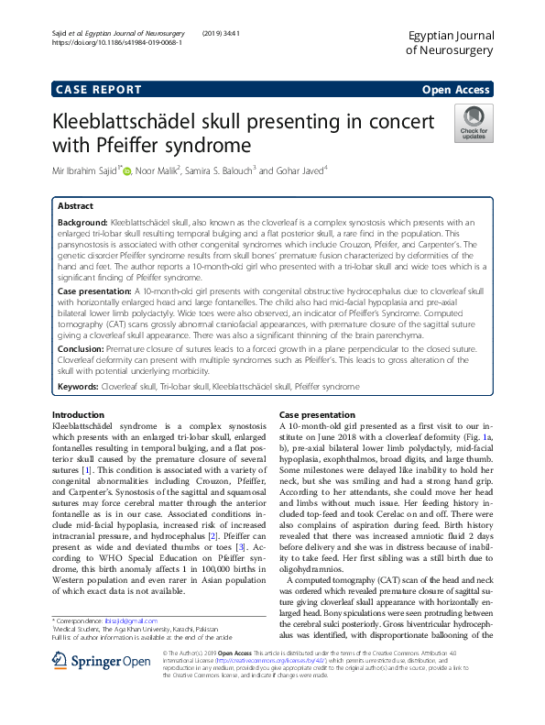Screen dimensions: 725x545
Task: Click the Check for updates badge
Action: [x=474, y=122]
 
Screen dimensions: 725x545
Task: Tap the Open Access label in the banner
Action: [x=455, y=89]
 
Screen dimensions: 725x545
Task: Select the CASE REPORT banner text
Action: [x=99, y=89]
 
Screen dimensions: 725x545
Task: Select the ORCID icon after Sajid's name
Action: [x=126, y=170]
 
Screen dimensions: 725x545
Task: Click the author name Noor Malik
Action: [x=159, y=170]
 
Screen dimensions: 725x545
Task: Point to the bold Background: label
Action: [x=82, y=223]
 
